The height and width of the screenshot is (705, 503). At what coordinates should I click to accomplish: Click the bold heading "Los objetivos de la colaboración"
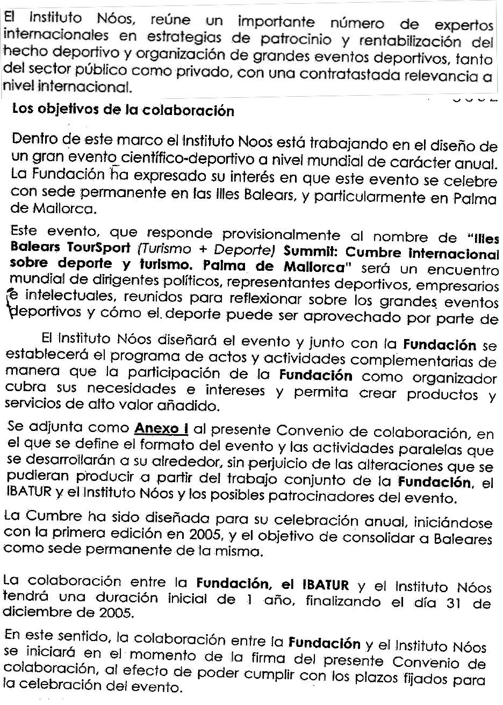click(x=123, y=111)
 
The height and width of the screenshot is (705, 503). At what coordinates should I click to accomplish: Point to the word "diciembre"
click(x=32, y=612)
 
